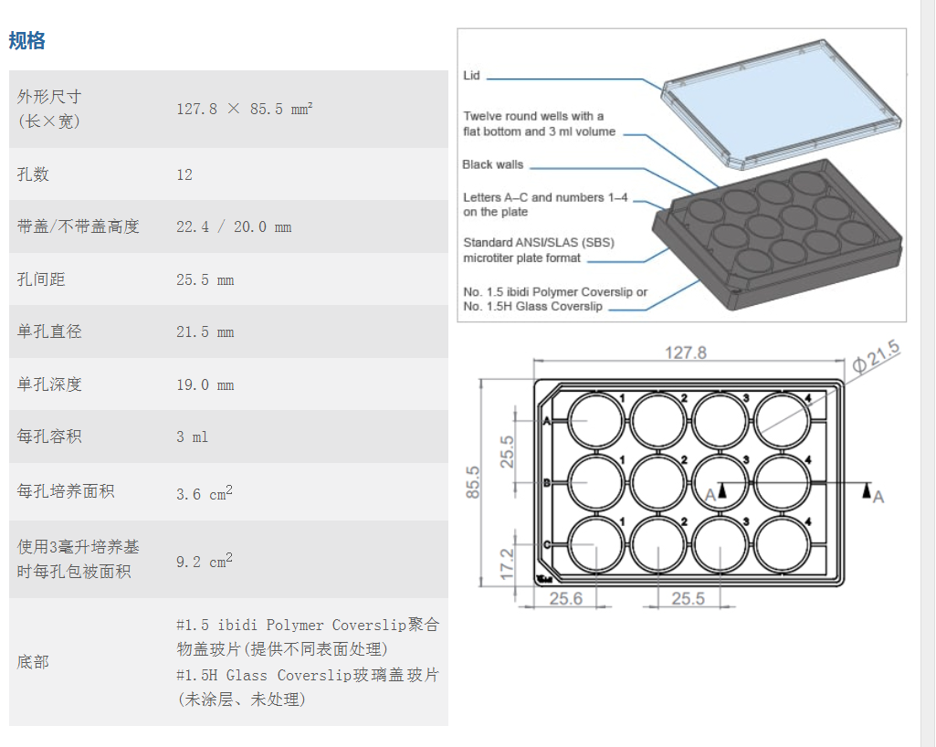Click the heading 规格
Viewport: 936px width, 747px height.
(26, 40)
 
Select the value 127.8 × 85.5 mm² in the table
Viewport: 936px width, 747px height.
(244, 109)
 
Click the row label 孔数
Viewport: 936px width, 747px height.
(33, 174)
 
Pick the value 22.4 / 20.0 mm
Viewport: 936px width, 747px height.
(234, 226)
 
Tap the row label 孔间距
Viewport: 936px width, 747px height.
(40, 279)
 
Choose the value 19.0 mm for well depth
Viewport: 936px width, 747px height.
(205, 384)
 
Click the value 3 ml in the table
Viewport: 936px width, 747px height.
(192, 437)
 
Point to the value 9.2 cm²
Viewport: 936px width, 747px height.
(205, 561)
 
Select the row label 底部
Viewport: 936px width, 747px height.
(33, 661)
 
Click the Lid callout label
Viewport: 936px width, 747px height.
(471, 75)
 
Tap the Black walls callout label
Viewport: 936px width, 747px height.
(492, 164)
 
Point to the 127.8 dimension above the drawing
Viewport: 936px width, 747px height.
(686, 352)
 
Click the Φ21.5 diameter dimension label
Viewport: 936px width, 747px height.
(877, 357)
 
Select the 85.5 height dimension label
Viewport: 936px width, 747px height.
(472, 482)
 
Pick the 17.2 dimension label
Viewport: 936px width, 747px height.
(506, 564)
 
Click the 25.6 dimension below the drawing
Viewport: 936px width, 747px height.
(566, 598)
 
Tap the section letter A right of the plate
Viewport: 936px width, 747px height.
(878, 497)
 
